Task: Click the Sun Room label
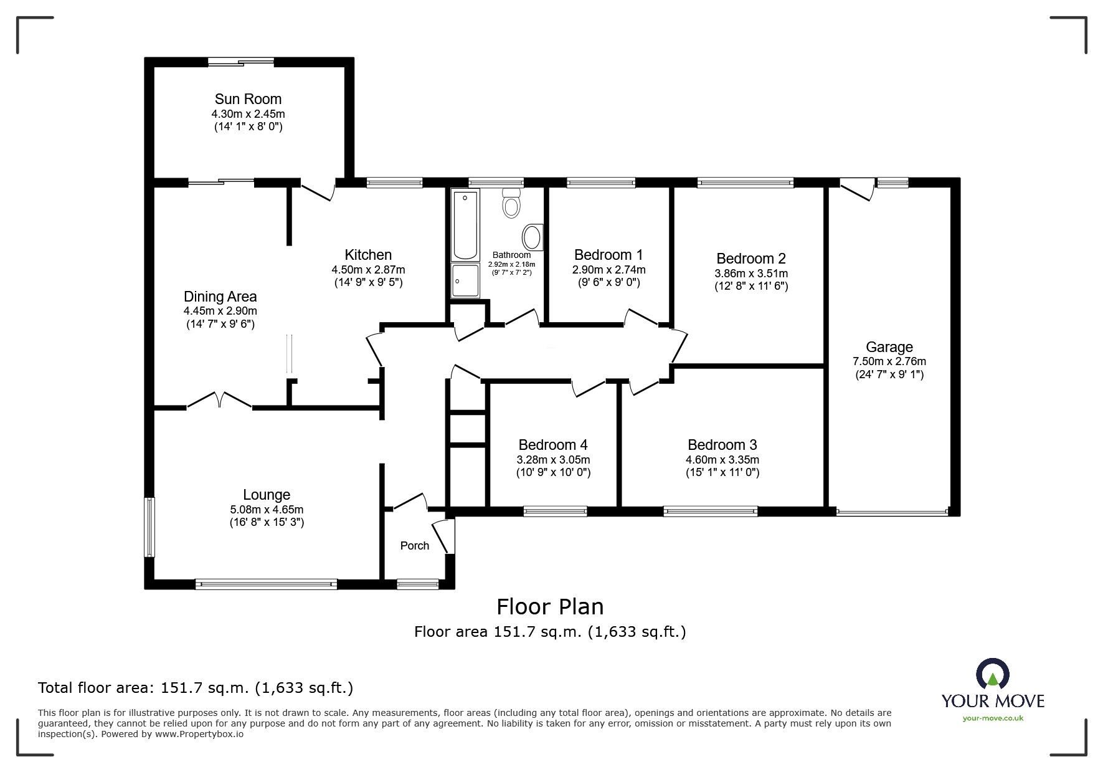248,99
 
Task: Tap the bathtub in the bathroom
466,225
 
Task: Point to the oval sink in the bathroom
532,237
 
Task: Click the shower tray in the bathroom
466,282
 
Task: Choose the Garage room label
889,347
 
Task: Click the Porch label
415,546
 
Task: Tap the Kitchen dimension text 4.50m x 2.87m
368,270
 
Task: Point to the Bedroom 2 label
751,258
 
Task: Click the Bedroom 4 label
553,445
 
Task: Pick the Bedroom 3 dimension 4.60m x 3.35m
722,460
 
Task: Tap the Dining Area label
220,297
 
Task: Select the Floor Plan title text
550,606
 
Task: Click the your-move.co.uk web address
993,718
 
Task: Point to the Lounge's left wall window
149,527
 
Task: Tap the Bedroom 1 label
608,254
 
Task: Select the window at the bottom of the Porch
418,584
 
